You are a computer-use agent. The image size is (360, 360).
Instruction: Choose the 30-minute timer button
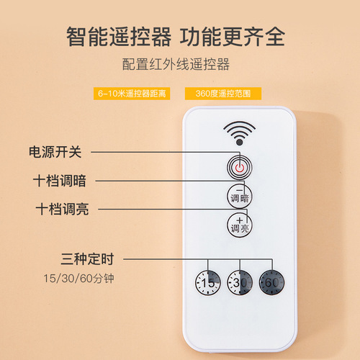coord(239,282)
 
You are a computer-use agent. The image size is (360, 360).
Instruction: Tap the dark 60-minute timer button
coord(271,282)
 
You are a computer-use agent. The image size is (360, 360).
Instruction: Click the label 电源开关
coord(55,152)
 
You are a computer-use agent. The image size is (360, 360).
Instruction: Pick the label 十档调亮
coord(58,209)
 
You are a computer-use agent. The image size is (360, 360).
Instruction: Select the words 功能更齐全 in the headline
coord(233,35)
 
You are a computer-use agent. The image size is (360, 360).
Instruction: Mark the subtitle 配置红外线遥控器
coord(176,65)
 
